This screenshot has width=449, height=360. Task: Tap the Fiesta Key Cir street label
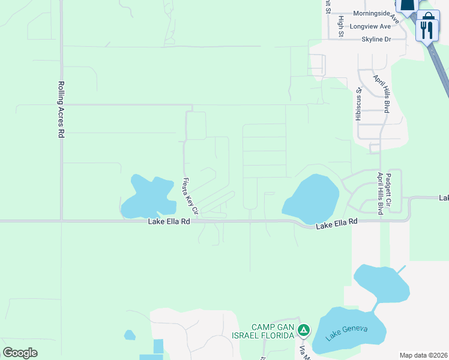point(190,196)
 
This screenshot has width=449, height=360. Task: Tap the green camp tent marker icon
point(304,330)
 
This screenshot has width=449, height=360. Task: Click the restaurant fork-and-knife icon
point(427,29)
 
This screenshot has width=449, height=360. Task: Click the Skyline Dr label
point(376,39)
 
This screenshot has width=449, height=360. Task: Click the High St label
point(340,25)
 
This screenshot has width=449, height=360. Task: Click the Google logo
point(20,353)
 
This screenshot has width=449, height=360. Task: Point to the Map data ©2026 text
point(423,355)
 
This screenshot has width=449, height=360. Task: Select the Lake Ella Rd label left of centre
point(169,221)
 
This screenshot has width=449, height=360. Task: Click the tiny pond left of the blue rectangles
point(130,335)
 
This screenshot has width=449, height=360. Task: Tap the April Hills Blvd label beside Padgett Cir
point(380,193)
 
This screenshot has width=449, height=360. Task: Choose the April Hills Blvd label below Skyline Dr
point(382,94)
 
